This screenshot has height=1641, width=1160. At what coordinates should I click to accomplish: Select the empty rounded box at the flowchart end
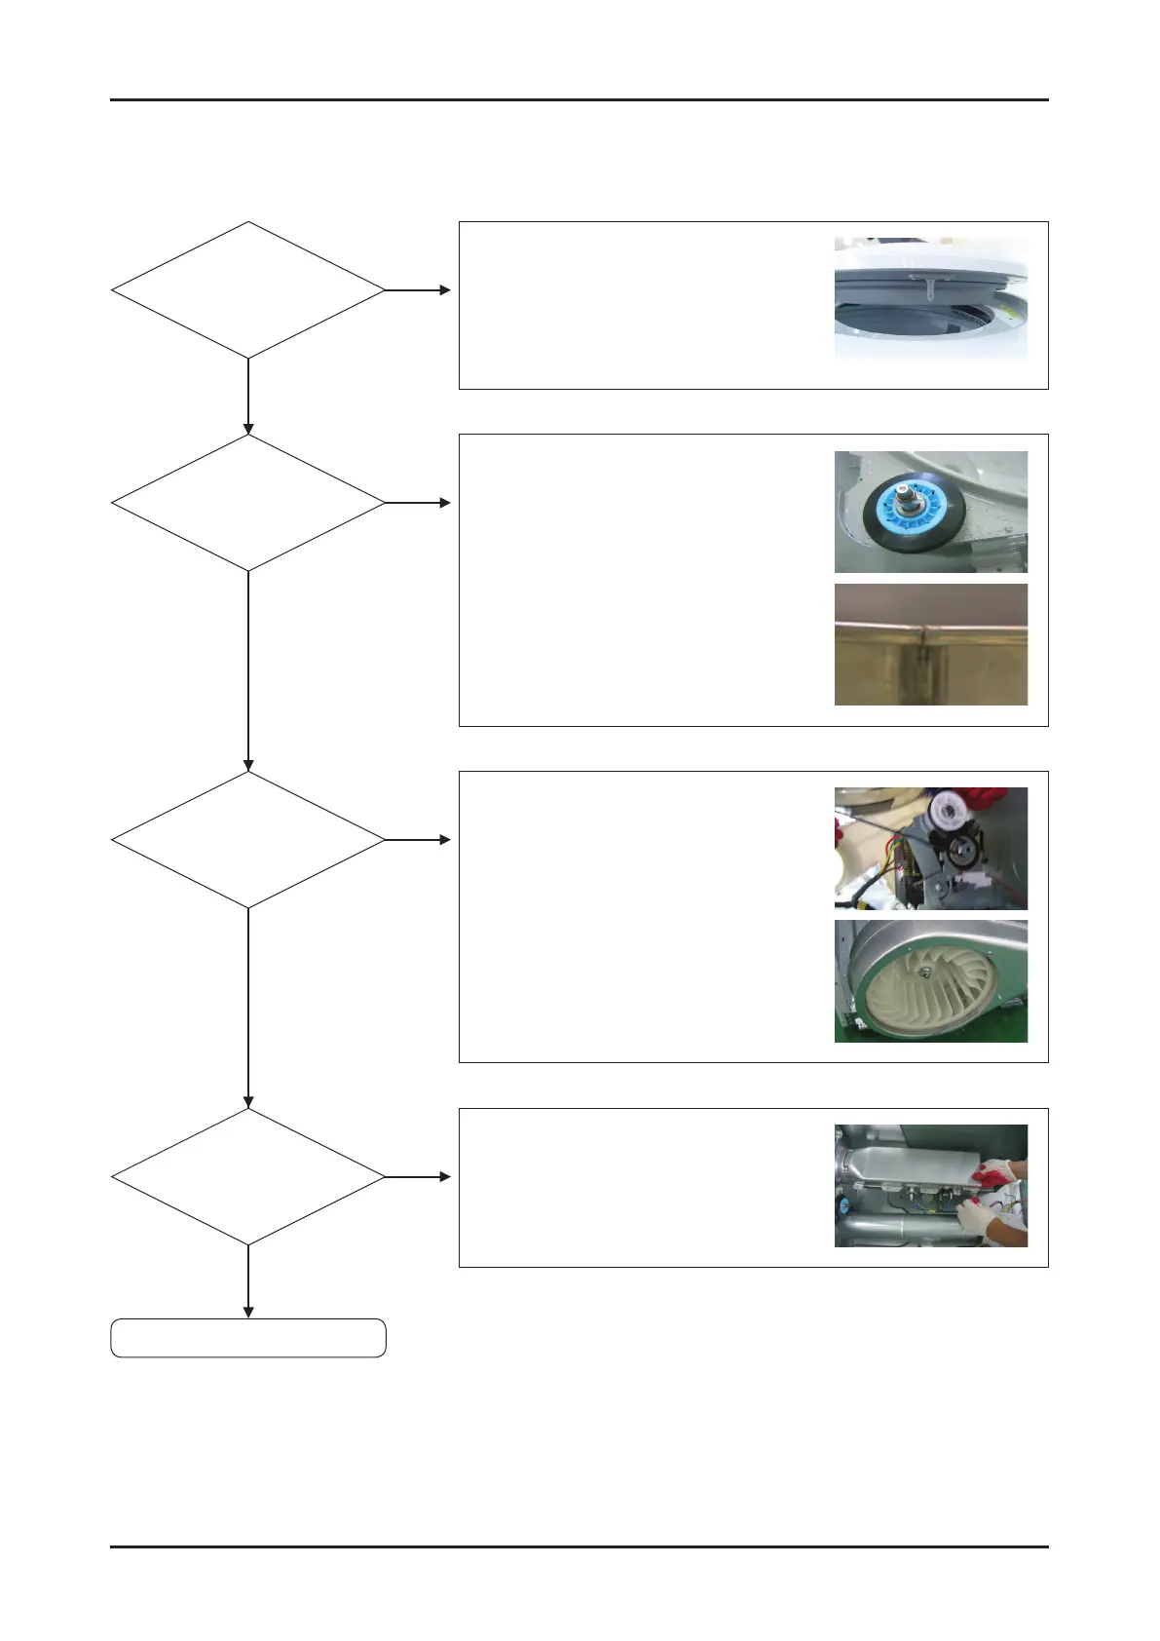[248, 1338]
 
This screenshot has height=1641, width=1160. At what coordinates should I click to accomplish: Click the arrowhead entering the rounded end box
[248, 1312]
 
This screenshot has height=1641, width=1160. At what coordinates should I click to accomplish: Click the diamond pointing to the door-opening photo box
[248, 290]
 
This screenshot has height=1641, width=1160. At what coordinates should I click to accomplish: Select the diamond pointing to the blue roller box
[248, 503]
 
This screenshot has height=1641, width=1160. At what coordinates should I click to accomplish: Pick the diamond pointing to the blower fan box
[248, 839]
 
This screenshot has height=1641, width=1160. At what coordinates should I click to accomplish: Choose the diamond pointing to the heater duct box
[248, 1177]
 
